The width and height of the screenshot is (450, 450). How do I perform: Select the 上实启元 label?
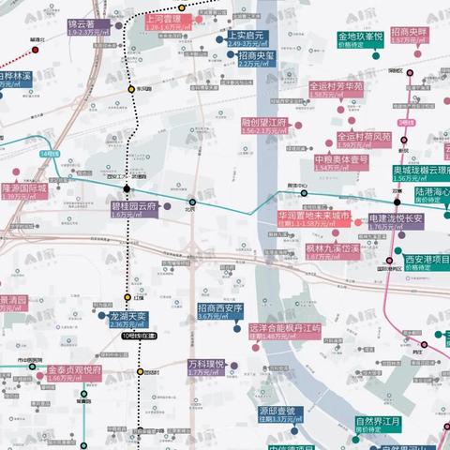[x=247, y=38]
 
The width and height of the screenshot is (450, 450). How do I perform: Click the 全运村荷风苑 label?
[x=348, y=140]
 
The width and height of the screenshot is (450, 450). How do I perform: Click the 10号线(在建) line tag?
[x=130, y=335]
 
